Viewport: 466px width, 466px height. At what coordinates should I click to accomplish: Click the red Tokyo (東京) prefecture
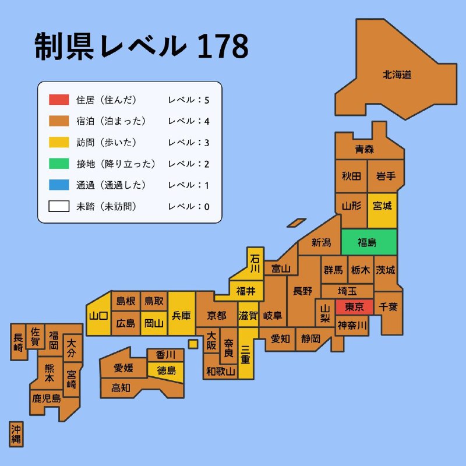click(x=354, y=307)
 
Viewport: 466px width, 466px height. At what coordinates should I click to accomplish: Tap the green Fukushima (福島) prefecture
click(x=367, y=242)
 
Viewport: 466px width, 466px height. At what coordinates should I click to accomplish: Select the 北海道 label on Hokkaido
click(x=397, y=75)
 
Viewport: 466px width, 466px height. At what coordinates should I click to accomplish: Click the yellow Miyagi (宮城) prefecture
click(x=382, y=206)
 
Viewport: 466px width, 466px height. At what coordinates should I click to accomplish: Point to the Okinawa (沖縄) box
click(x=16, y=434)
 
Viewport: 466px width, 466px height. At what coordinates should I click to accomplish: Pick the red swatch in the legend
click(x=59, y=100)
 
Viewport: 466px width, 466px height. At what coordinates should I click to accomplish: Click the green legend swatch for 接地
click(x=59, y=164)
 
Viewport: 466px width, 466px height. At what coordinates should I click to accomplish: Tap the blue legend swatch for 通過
click(x=59, y=185)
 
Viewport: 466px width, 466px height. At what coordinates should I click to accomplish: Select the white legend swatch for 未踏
click(x=59, y=206)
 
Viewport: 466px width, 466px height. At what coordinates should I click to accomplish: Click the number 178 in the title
click(x=223, y=47)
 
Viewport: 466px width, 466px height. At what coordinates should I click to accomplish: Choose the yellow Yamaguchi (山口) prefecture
click(x=98, y=316)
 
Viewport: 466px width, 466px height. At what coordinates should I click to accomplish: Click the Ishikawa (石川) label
click(x=255, y=263)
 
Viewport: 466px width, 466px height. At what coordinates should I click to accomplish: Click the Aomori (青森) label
click(x=365, y=149)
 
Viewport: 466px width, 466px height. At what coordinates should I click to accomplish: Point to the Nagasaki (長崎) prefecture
click(x=19, y=342)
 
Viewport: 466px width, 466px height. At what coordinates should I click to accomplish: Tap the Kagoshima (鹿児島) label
click(x=47, y=398)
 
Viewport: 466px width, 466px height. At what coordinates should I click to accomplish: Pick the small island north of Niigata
click(x=296, y=223)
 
